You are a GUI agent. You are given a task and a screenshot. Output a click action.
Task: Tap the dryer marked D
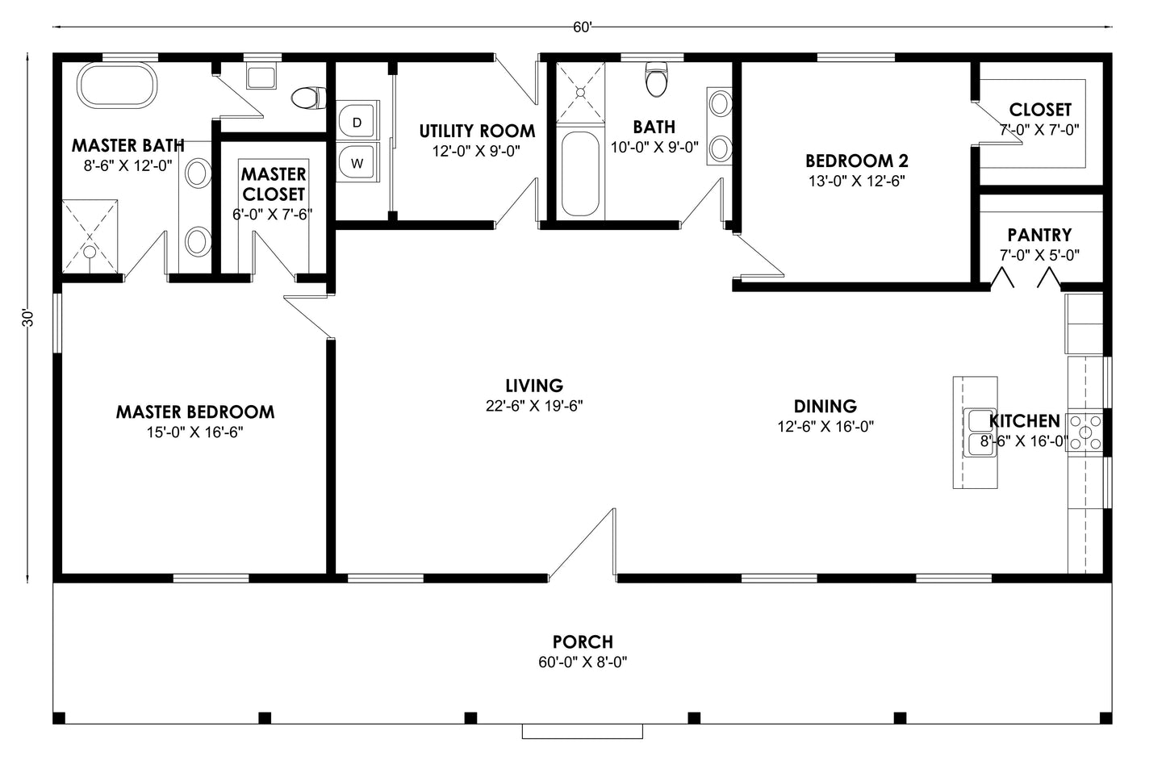coord(357,123)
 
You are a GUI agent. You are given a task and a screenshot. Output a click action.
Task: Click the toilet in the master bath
coord(307,98)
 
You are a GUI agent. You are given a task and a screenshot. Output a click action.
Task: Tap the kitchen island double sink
coord(980,432)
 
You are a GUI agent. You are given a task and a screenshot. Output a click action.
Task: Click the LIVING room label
coord(534,386)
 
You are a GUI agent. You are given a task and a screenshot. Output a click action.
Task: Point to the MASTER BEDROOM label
coord(195,412)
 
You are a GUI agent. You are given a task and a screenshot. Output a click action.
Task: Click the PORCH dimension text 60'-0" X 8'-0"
coord(583,662)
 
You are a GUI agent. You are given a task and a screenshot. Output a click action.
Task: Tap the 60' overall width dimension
coord(583,27)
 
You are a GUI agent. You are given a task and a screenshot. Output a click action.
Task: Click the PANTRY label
coord(1039,235)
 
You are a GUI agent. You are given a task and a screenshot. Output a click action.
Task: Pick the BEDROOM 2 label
coord(856,161)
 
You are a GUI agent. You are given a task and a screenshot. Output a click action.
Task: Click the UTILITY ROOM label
coord(477,131)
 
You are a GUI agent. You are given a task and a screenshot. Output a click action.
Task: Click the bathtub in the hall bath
coord(579,173)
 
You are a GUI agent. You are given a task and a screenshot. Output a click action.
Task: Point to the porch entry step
coord(583,731)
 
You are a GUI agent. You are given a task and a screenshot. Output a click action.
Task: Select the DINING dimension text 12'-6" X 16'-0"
coord(825,427)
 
